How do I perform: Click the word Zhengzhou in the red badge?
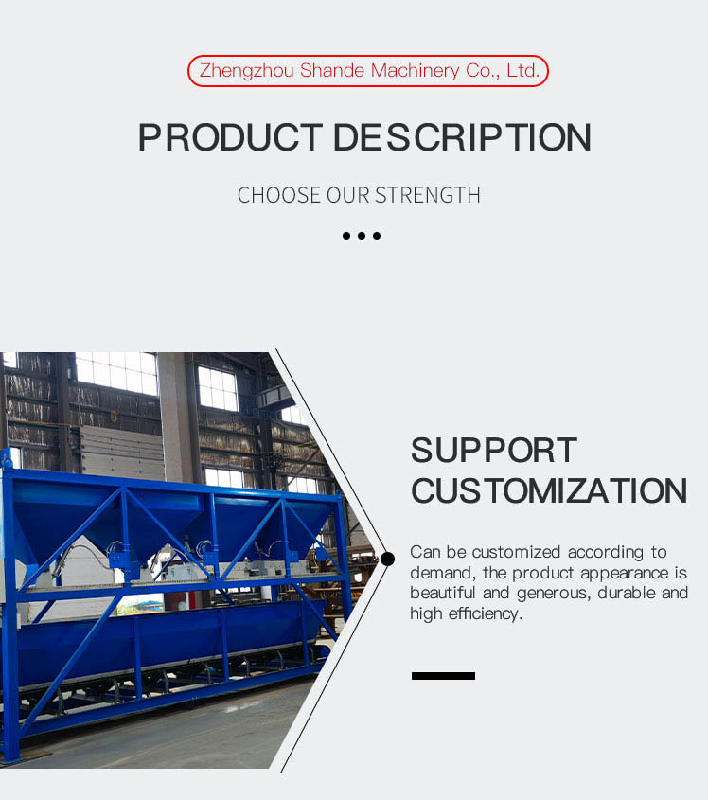(x=246, y=71)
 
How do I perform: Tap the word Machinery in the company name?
(x=415, y=71)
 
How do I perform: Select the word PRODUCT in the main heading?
(x=230, y=137)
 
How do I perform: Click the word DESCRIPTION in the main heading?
(x=462, y=137)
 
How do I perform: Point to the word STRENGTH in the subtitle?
(x=428, y=195)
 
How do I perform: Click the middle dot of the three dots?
(x=362, y=236)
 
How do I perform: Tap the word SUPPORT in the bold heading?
(x=494, y=450)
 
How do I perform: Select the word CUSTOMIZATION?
(x=549, y=490)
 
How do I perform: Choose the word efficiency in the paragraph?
(x=485, y=613)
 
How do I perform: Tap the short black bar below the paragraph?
(x=443, y=676)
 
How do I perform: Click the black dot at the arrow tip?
(x=388, y=560)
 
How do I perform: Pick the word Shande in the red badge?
(x=332, y=70)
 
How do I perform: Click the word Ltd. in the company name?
(x=522, y=70)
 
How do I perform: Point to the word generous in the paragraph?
(x=552, y=594)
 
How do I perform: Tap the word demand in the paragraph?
(x=443, y=573)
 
